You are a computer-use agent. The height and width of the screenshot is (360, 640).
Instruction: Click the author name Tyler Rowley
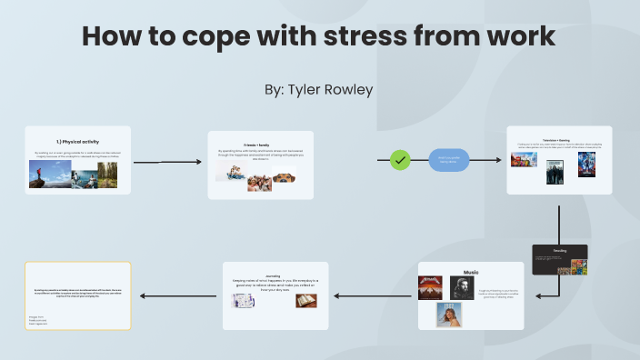pyautogui.click(x=319, y=91)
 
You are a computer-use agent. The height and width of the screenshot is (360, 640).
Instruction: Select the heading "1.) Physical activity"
pyautogui.click(x=77, y=142)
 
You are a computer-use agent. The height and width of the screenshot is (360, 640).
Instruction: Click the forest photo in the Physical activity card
pyautogui.click(x=107, y=175)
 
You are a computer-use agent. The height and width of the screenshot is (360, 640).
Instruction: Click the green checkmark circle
pyautogui.click(x=400, y=160)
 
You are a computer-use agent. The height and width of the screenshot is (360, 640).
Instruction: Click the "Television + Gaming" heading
pyautogui.click(x=558, y=142)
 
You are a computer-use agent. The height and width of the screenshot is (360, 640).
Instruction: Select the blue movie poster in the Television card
pyautogui.click(x=585, y=164)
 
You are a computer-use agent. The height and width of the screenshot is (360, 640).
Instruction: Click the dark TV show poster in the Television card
pyautogui.click(x=555, y=172)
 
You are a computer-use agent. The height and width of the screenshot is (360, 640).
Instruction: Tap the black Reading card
pyautogui.click(x=559, y=259)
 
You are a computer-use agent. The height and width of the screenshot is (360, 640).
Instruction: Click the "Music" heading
pyautogui.click(x=471, y=272)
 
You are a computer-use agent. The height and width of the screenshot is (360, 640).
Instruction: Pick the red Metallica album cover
pyautogui.click(x=430, y=287)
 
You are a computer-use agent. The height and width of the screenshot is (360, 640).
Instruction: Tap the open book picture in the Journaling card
pyautogui.click(x=305, y=300)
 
